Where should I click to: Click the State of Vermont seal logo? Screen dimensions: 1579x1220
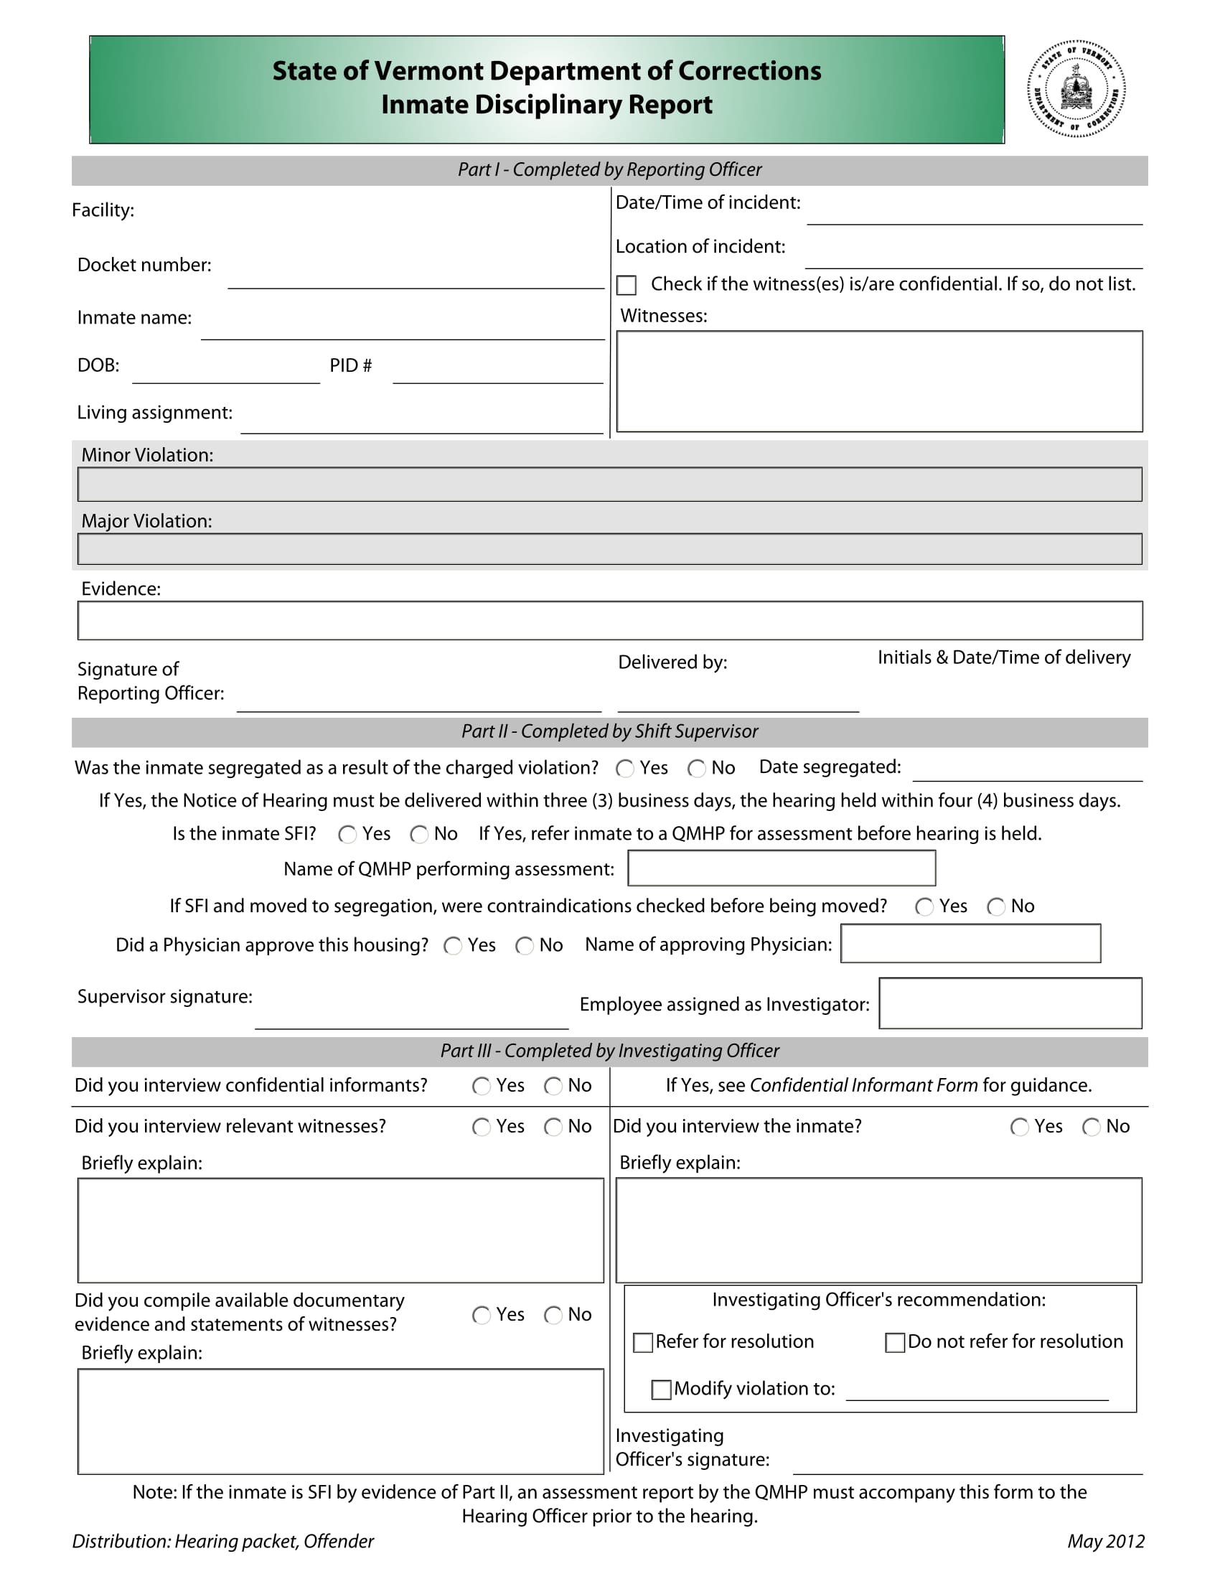[x=1076, y=89]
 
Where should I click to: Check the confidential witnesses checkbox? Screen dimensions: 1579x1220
[x=626, y=285]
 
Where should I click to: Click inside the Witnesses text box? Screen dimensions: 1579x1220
[x=879, y=381]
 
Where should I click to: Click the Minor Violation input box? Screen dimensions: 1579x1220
[x=609, y=484]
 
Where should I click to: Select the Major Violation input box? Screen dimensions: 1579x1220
[x=609, y=549]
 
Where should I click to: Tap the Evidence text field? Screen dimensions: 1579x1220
[x=609, y=620]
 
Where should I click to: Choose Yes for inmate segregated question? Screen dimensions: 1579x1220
[x=624, y=769]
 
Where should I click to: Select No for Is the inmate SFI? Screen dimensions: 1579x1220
[x=418, y=835]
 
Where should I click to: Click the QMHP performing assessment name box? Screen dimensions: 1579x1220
[x=782, y=868]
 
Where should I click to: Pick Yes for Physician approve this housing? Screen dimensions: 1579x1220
[x=452, y=947]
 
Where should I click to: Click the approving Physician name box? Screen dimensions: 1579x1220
[x=970, y=944]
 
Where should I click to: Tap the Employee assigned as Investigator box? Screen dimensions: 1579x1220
[x=1010, y=1003]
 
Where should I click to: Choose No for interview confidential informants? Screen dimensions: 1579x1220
[x=553, y=1087]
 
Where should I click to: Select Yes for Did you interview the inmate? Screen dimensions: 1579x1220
[x=1019, y=1127]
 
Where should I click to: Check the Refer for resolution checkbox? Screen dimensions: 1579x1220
[x=642, y=1343]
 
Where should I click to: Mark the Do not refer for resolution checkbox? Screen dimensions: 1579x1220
[x=895, y=1343]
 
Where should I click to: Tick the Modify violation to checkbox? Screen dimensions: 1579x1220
[x=660, y=1390]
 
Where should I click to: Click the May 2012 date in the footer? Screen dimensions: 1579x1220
[x=1105, y=1542]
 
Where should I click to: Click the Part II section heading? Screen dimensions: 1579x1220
[x=609, y=731]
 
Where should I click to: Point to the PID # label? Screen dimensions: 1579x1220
[x=350, y=366]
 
